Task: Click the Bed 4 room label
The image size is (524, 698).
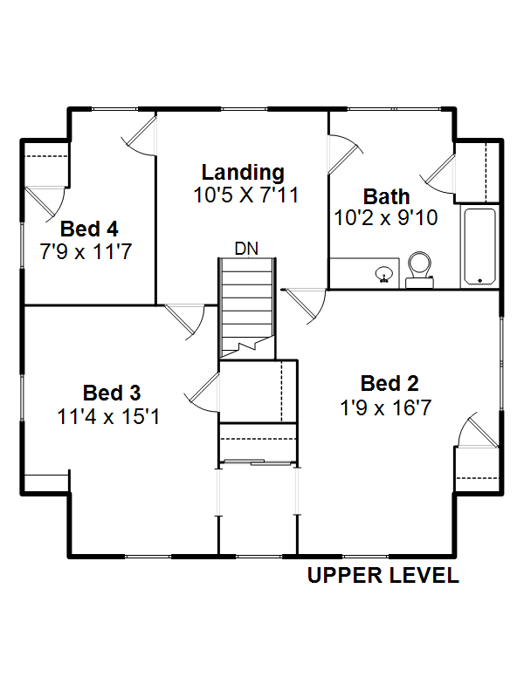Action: (89, 229)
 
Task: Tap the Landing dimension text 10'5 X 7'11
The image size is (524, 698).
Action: (245, 195)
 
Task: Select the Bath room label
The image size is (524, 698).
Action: (386, 196)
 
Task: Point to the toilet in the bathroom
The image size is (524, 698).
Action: (420, 270)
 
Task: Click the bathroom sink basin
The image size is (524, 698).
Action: (383, 274)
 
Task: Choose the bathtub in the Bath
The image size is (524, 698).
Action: (479, 246)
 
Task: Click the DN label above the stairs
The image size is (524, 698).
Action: (246, 249)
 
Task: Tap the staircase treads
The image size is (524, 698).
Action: (246, 308)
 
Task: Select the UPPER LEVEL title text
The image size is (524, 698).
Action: (383, 575)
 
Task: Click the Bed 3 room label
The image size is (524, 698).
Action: (112, 393)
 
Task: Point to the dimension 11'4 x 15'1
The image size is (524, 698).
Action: (108, 417)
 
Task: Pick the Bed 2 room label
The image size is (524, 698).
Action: (390, 383)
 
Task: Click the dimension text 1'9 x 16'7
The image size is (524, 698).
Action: (386, 407)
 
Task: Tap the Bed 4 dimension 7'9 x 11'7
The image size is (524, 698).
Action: (86, 251)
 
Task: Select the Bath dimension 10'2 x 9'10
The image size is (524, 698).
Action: (386, 217)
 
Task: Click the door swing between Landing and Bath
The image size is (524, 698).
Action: (344, 154)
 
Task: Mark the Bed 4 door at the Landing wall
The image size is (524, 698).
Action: (140, 135)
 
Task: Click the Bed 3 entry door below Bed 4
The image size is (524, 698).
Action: (184, 321)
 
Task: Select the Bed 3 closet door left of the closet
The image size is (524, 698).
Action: (203, 392)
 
